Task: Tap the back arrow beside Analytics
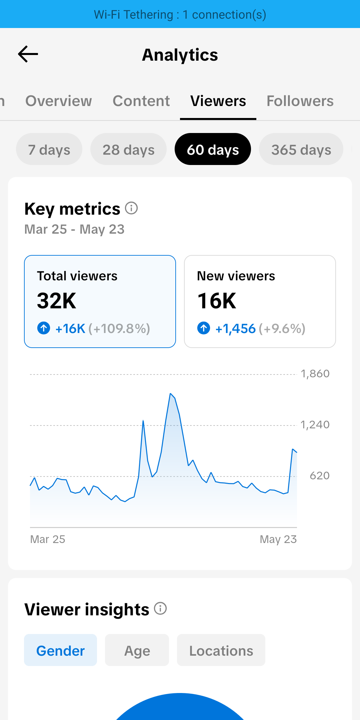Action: coord(28,54)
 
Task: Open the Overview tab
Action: coord(59,101)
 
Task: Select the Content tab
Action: coord(141,101)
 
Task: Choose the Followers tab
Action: coord(300,101)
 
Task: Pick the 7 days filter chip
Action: coord(49,149)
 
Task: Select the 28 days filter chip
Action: coord(128,149)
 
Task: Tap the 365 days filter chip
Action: coord(301,149)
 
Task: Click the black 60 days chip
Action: coord(213,149)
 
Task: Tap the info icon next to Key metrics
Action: coord(131,208)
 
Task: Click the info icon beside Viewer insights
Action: coord(160,609)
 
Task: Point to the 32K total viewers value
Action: coord(57,301)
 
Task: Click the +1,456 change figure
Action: coord(236,329)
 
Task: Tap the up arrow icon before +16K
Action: coord(44,328)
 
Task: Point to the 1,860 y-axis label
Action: coord(315,374)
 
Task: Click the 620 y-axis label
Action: coord(320,476)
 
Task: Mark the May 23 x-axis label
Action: coord(278,539)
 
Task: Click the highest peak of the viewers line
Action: coord(170,394)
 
